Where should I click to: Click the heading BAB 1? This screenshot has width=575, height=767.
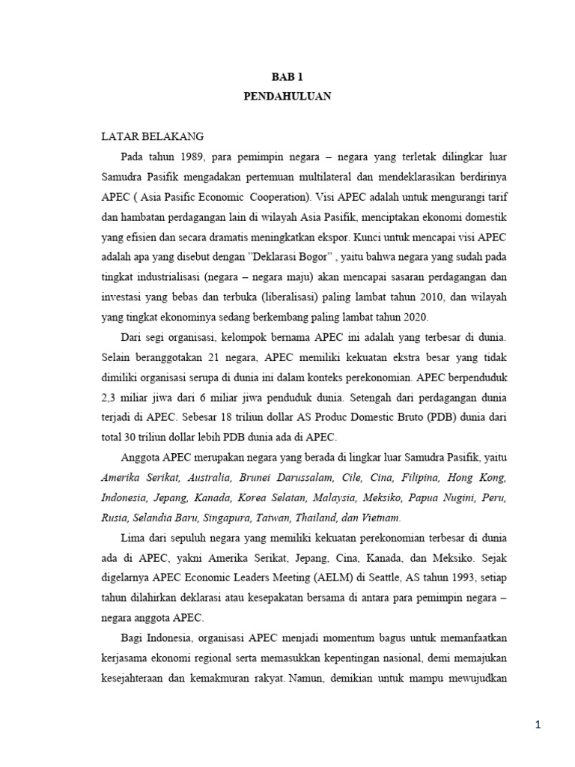287,77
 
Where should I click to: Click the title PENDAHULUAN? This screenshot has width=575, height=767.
287,97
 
